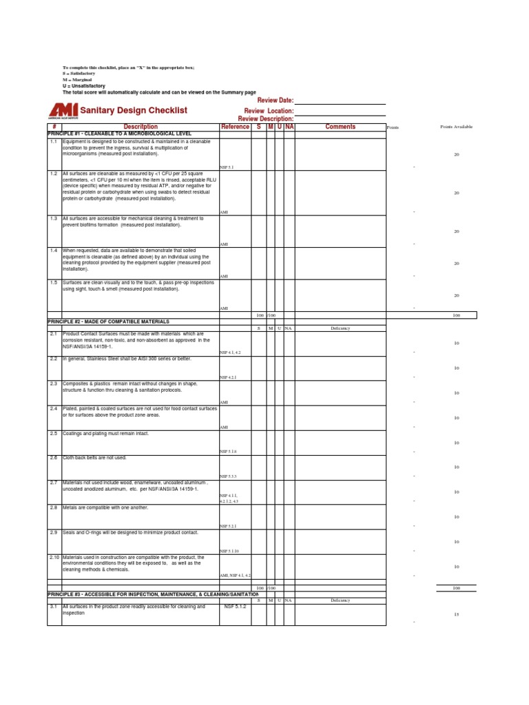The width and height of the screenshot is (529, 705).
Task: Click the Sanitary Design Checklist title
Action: (x=134, y=110)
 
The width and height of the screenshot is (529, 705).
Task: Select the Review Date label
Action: (x=276, y=101)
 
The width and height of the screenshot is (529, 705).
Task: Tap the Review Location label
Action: (x=269, y=111)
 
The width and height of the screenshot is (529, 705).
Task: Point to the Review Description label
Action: (x=266, y=119)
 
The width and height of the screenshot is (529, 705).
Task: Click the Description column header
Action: (x=141, y=127)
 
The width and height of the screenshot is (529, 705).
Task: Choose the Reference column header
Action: (x=236, y=127)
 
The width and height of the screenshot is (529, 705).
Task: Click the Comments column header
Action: (x=340, y=127)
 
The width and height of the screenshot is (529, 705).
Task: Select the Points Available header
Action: (x=456, y=127)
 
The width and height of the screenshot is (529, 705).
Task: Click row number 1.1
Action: (x=54, y=141)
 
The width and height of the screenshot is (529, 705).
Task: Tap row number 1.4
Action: (x=54, y=251)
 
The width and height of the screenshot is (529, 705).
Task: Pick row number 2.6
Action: (x=54, y=458)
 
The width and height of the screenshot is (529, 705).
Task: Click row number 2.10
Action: (x=54, y=557)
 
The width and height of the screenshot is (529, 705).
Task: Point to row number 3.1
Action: (x=54, y=607)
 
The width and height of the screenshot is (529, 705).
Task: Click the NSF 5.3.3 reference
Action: (x=228, y=476)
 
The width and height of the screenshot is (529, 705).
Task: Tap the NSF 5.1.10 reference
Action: (x=229, y=551)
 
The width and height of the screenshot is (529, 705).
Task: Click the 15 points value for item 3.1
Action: (x=456, y=615)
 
